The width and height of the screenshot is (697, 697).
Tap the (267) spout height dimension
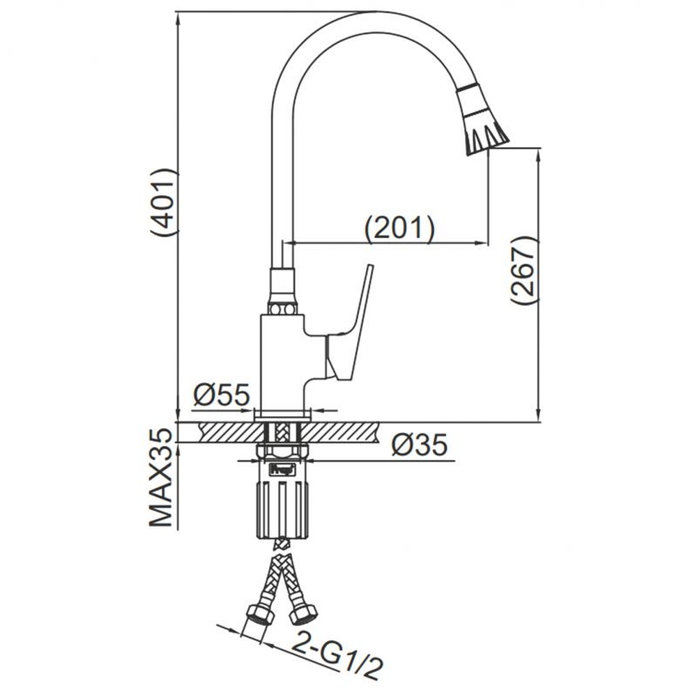coord(523,270)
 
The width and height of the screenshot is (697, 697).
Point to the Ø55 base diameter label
coord(222,395)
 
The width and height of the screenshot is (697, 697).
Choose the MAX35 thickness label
coord(160,477)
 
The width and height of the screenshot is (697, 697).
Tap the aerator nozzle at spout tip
coord(482,118)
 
